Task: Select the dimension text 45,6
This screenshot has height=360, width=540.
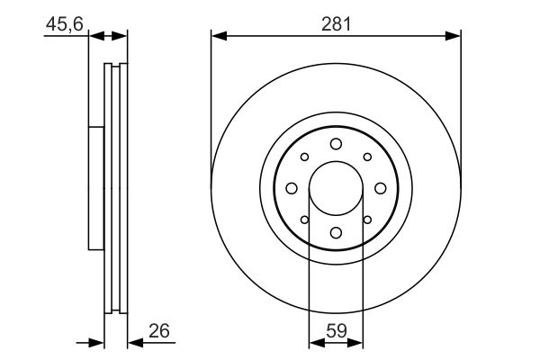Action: [65, 26]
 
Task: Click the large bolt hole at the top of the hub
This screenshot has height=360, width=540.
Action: [336, 144]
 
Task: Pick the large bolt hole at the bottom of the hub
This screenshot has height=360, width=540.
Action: [336, 233]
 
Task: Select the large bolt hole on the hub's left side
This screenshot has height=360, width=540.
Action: [292, 188]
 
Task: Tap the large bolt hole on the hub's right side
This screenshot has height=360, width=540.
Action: [380, 188]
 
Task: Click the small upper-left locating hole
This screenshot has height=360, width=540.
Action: [304, 157]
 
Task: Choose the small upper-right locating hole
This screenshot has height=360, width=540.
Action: [367, 157]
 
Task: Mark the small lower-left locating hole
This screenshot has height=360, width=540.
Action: [304, 220]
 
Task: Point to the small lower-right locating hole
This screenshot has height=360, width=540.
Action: [367, 220]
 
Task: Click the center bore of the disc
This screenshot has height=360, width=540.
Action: [336, 188]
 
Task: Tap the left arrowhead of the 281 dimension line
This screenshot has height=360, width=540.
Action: [217, 37]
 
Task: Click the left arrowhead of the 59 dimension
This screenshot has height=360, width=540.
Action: [315, 341]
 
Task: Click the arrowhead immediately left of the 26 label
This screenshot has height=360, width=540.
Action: [133, 341]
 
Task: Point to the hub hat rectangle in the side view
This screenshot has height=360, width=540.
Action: [96, 188]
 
